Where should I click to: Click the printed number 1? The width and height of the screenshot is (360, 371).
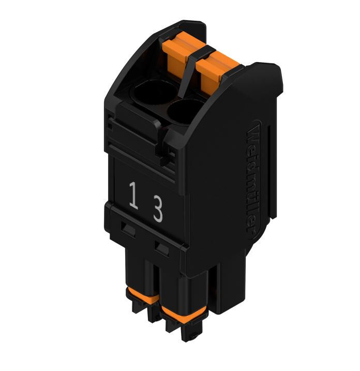(x=133, y=195)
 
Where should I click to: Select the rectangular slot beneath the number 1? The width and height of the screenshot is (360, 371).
(x=128, y=228)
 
